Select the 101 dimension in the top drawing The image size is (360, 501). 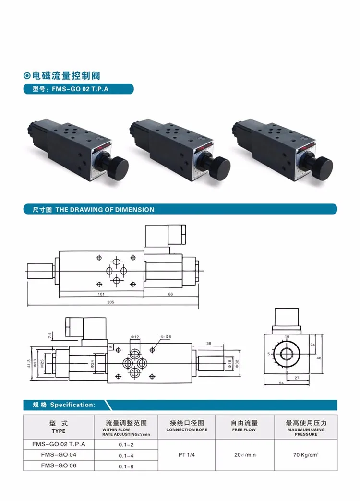tap(101, 293)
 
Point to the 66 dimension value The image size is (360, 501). tap(170, 293)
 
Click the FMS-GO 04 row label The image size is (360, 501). tap(58, 454)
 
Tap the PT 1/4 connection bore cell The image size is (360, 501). tap(187, 454)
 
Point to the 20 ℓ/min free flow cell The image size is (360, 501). tap(244, 454)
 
